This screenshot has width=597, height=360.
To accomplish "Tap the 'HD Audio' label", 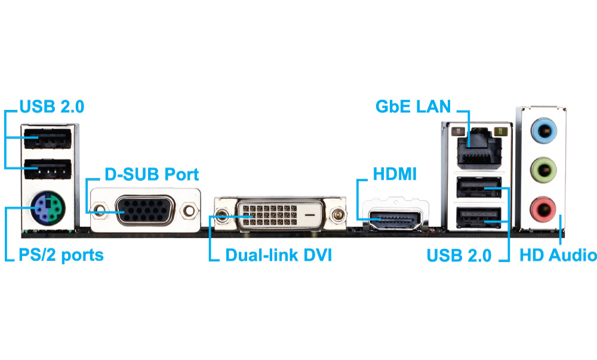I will (558, 256).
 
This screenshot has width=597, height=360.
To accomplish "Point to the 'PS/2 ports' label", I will (61, 256).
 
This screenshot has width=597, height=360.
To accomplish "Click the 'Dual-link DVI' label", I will (278, 256).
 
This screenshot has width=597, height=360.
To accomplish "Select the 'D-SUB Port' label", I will (152, 175).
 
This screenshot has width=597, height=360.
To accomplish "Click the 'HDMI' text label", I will (395, 175).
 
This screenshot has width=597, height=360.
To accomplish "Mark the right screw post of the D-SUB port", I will (190, 210).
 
